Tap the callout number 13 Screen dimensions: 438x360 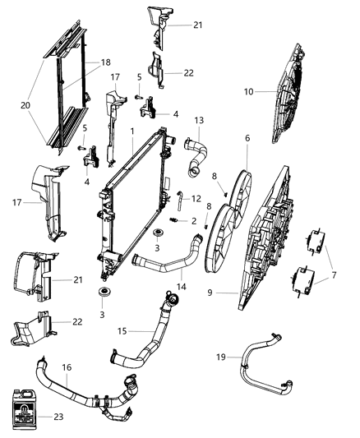198,121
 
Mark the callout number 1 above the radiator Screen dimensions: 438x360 132,131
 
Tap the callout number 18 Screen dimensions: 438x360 104,62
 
